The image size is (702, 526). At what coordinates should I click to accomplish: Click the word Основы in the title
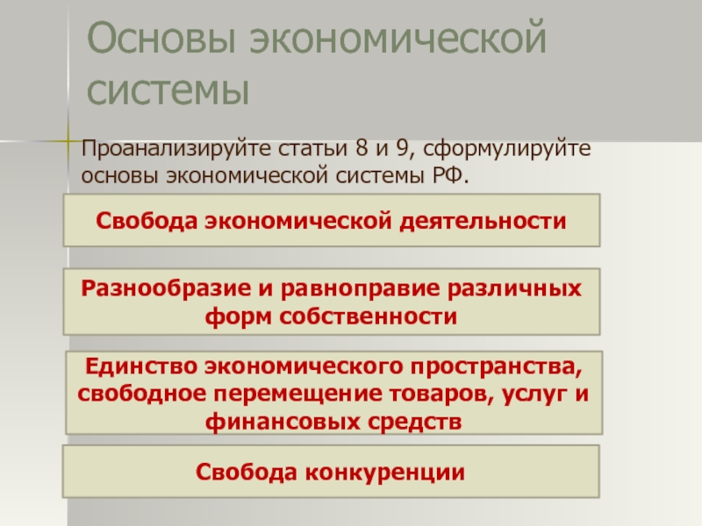point(161,38)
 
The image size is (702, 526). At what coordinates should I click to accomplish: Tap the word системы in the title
point(168,90)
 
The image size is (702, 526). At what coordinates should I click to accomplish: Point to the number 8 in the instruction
point(362,148)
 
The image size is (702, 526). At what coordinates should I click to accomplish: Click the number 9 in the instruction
point(403,148)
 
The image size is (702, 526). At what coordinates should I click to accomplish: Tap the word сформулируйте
point(507,149)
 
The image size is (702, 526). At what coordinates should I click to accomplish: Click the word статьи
point(312,148)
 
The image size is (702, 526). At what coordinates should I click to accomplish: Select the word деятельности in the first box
point(483,222)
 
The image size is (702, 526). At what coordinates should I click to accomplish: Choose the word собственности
point(368,316)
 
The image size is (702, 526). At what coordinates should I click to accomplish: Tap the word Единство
point(141,366)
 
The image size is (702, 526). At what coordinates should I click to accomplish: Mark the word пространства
point(497,367)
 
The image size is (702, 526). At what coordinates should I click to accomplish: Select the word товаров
point(441,395)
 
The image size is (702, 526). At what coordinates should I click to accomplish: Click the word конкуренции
point(384,473)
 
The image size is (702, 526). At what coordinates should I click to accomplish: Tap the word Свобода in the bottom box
point(247,472)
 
